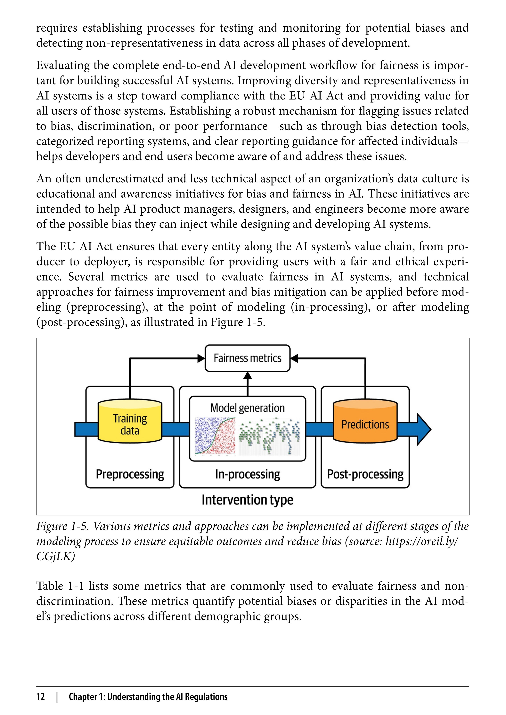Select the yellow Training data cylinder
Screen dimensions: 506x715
tap(130, 421)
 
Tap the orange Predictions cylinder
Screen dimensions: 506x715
tap(365, 421)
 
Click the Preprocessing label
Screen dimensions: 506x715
tap(130, 474)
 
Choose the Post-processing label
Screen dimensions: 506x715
tap(365, 474)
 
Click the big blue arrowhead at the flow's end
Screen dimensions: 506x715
tap(424, 429)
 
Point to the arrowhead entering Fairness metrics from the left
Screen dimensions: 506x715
tap(201, 358)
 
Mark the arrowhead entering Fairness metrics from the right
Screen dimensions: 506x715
tap(294, 358)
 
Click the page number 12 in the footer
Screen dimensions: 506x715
tap(41, 697)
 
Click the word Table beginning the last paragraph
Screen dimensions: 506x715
tap(50, 586)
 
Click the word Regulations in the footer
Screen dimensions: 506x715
tap(206, 697)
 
